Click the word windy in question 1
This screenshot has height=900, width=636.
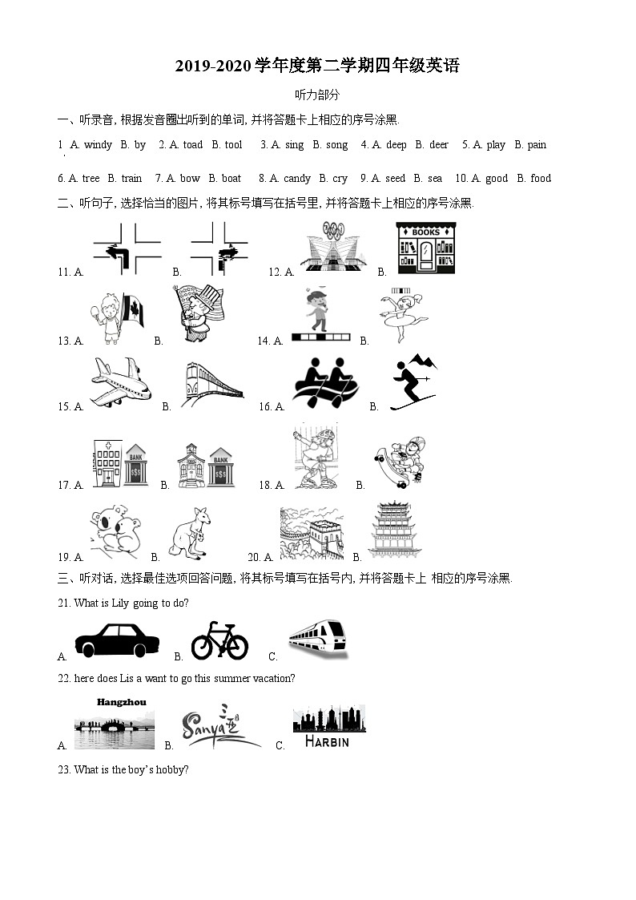[98, 145]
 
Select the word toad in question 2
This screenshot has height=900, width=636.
[193, 145]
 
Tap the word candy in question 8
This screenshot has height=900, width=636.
[297, 179]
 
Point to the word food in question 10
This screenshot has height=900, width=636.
[541, 179]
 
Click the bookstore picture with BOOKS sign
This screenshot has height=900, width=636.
[425, 248]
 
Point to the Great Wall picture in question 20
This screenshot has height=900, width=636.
[312, 533]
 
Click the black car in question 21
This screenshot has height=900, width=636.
[117, 640]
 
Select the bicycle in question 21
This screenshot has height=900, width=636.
[219, 640]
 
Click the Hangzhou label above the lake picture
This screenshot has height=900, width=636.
[122, 703]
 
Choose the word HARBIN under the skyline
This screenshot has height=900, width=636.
[327, 742]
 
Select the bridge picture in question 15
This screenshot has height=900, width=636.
[212, 382]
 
